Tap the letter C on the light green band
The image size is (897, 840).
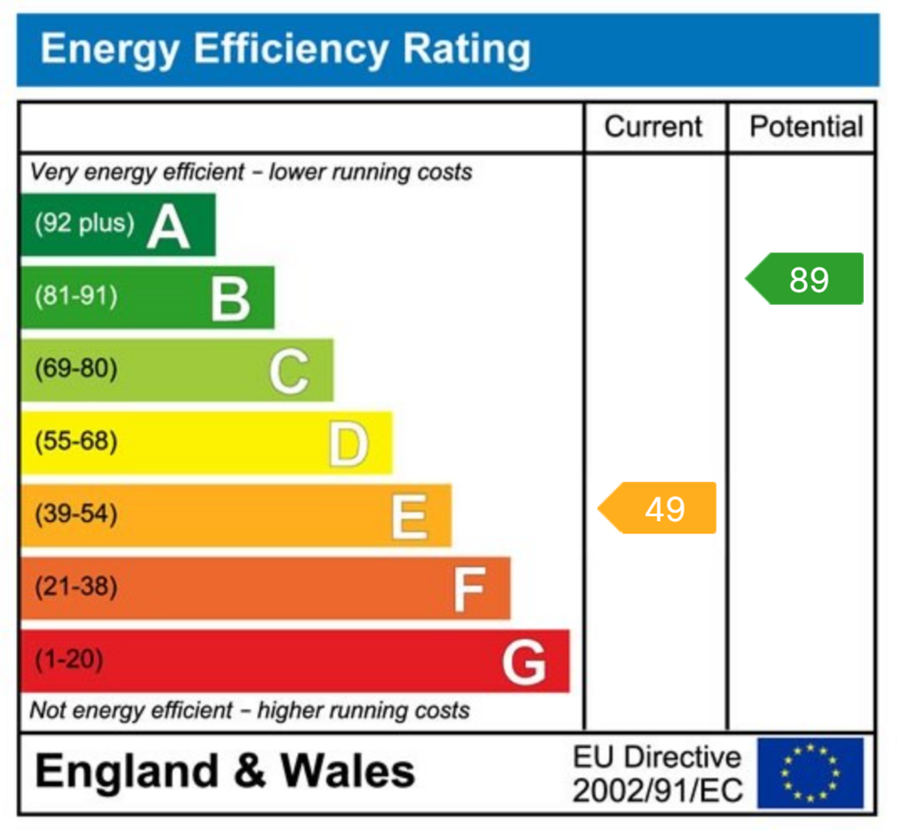coord(289,371)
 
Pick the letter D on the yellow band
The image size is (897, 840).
coord(349,444)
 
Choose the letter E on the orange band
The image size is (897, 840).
coord(409,516)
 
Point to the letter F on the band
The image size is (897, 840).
coord(469,589)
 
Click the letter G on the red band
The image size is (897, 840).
coord(524,661)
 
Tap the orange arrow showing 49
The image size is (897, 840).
coord(659,508)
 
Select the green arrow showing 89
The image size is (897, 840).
coord(806,279)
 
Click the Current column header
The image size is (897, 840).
coord(653,127)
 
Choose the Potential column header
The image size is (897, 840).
coord(806,127)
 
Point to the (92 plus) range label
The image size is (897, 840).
coord(85,223)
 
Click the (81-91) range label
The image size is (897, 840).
coord(75,296)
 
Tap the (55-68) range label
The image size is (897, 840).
coord(75,441)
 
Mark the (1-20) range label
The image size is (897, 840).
coord(68,660)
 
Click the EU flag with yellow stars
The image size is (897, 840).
coord(810,773)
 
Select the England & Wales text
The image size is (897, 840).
coord(225,772)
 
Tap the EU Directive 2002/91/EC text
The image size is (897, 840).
coord(657,773)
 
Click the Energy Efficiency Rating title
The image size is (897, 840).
coord(286,49)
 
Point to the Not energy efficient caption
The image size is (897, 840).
coord(250,710)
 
